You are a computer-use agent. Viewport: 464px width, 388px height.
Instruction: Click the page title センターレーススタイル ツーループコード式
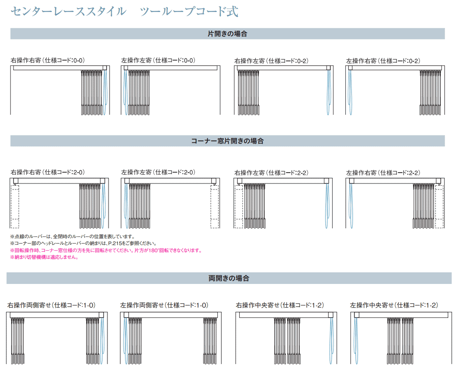point(125,12)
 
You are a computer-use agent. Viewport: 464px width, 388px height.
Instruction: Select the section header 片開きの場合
point(227,34)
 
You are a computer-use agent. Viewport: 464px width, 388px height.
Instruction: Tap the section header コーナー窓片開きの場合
point(227,141)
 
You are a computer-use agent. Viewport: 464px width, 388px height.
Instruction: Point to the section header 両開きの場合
point(229,278)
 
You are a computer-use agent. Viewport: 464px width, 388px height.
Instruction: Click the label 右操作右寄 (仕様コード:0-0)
point(48,60)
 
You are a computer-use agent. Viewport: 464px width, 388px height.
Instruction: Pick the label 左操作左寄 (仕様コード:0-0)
point(158,60)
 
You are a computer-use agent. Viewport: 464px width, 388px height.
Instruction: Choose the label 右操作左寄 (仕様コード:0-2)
point(271,61)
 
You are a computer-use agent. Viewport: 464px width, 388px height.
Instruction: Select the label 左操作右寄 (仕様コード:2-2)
point(383,173)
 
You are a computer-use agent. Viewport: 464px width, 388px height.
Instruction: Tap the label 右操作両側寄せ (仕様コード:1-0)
point(51,305)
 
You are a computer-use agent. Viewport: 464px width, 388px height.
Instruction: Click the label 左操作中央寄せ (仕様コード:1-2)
point(394,305)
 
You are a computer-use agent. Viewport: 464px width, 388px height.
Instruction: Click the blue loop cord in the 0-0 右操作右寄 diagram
point(105,92)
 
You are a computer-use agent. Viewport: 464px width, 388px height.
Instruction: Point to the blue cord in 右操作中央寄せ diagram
point(331,340)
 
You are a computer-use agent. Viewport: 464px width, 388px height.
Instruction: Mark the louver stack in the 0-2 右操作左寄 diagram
point(249,92)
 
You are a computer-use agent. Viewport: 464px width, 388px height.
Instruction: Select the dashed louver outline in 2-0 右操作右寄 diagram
point(15,207)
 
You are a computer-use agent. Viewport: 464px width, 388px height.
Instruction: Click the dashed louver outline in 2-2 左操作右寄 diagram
point(439,207)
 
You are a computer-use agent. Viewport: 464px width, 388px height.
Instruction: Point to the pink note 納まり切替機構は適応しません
point(44,257)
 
